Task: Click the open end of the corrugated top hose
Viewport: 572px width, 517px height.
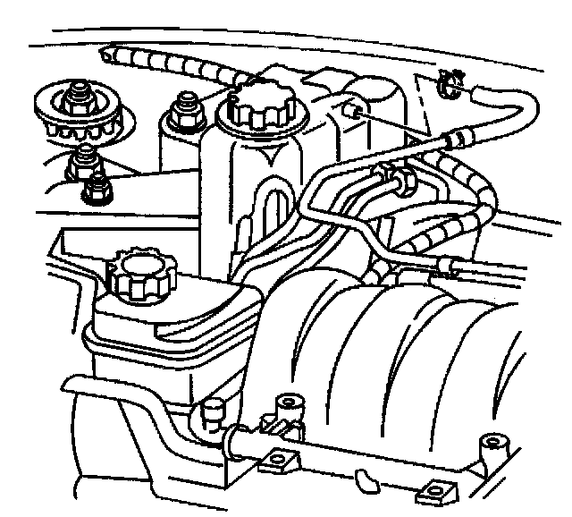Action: (x=110, y=55)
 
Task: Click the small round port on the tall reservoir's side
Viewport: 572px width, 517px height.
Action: (x=354, y=111)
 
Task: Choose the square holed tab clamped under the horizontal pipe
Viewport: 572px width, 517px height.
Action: (x=274, y=462)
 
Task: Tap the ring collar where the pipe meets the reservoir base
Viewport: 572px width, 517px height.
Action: (x=236, y=437)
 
